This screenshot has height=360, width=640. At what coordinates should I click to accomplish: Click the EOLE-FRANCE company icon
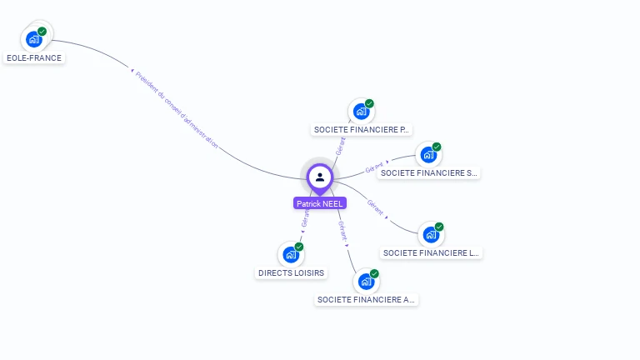34,38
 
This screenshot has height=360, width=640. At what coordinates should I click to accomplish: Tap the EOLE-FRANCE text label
34,58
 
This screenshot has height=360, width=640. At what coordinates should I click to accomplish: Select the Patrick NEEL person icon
319,177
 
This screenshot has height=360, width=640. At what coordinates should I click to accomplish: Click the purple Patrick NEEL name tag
319,203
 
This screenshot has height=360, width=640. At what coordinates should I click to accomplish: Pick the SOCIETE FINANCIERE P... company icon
361,112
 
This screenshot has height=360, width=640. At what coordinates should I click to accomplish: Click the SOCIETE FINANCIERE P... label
362,130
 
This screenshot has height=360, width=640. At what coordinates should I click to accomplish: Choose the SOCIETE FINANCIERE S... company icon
428,155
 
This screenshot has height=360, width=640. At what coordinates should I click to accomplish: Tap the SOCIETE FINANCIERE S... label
428,173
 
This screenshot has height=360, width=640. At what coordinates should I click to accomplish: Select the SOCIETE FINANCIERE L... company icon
431,235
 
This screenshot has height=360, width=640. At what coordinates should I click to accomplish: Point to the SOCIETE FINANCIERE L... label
431,252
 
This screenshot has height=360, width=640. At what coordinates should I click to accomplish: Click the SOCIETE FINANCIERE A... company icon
366,282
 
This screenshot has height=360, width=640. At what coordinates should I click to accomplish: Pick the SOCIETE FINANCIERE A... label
366,300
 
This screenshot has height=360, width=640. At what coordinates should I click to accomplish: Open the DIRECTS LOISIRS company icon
291,254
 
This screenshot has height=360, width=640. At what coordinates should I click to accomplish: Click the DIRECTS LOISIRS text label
291,272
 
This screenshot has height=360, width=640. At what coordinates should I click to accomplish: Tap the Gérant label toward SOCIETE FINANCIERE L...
376,207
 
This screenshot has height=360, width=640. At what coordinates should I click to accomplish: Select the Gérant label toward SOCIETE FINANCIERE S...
374,168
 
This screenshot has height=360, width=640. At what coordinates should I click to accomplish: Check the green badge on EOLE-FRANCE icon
42,32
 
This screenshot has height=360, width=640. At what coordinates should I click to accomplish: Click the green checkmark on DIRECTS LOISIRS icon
298,247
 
